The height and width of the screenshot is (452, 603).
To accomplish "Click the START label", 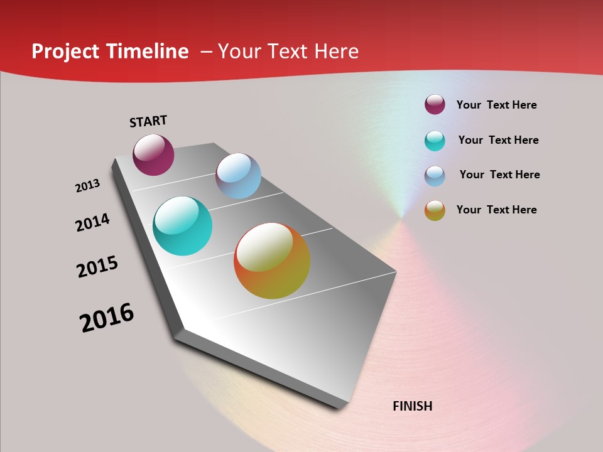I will (148, 121).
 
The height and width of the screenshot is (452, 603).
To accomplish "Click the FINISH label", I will (412, 406).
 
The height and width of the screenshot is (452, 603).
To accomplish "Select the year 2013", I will (87, 186).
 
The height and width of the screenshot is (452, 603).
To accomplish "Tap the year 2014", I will (92, 222).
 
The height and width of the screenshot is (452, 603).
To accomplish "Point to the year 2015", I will (97, 267).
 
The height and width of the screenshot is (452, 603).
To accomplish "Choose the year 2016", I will (107, 318).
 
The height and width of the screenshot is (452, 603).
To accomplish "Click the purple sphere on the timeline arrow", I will (153, 155).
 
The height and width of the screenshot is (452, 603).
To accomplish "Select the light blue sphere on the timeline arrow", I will (238, 176).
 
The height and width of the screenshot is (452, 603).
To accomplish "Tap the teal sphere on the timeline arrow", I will (182, 226).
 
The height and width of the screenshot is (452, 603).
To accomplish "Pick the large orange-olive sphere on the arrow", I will (272, 261).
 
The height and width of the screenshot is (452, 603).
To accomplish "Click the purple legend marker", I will (435, 105).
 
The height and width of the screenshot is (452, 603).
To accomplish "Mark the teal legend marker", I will (435, 141).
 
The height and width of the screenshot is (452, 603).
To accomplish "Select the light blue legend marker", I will (435, 176).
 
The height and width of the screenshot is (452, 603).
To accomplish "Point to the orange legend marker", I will (435, 210).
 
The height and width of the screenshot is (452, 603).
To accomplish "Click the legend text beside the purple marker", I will (496, 105).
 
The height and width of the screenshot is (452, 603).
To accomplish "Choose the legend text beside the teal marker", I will (498, 140).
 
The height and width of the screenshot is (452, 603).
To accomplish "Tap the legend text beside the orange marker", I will (496, 210).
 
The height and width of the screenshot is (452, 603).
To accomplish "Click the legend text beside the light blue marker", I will (499, 175).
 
